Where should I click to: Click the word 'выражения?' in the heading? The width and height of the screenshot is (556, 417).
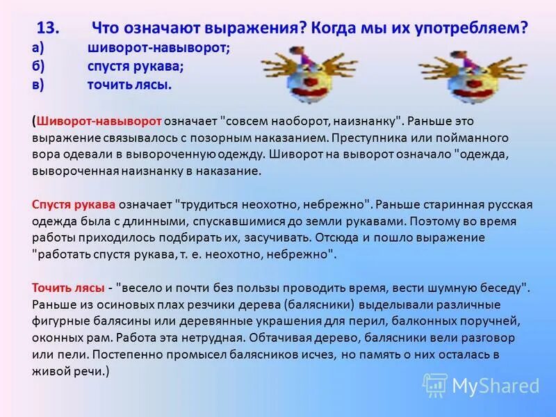[252, 28]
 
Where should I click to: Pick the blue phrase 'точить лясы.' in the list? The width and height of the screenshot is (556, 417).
[129, 85]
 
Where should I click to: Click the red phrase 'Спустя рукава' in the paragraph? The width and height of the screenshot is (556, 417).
[74, 205]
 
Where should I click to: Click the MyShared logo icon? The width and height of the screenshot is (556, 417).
[435, 385]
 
